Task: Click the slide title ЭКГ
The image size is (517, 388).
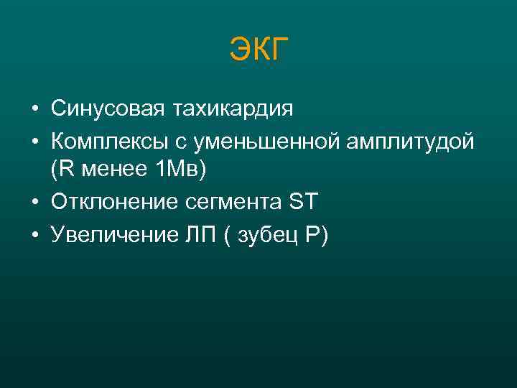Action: point(258,50)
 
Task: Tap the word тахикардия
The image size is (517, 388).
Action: point(233,110)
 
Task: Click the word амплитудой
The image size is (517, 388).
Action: point(411,142)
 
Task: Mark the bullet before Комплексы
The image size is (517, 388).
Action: point(34,142)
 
